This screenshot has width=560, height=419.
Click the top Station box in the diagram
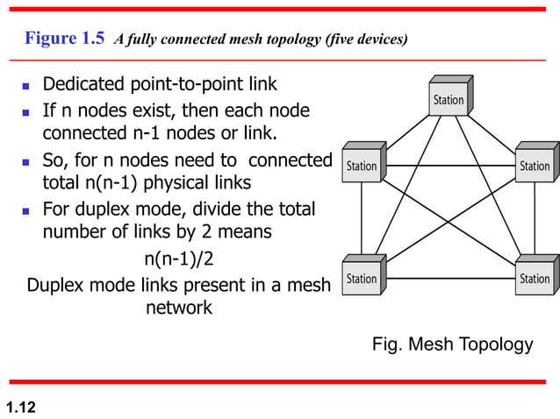click(449, 99)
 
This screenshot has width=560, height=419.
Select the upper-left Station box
click(361, 166)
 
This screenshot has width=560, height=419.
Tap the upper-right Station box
click(535, 166)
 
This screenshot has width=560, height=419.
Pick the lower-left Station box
click(361, 279)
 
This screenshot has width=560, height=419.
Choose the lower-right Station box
click(535, 279)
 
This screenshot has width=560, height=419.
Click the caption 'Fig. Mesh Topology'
click(452, 344)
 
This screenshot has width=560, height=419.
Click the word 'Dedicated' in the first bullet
click(85, 85)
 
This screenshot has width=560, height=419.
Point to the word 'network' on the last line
click(178, 308)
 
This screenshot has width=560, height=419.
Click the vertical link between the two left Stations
click(361, 222)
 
